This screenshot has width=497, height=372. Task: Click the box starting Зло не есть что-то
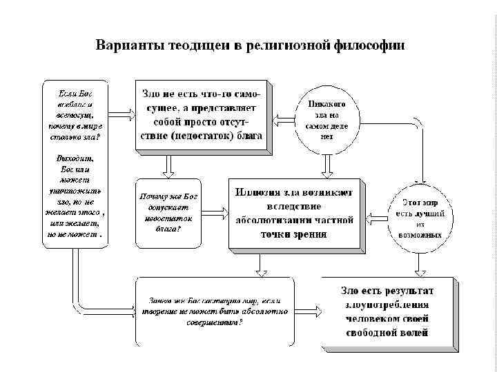[202, 115]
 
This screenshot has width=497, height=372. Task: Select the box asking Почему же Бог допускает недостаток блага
[168, 214]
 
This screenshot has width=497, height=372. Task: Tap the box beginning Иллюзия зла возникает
[294, 212]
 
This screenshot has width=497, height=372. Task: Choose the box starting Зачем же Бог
[214, 311]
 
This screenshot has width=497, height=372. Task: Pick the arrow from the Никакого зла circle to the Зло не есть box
[284, 118]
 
